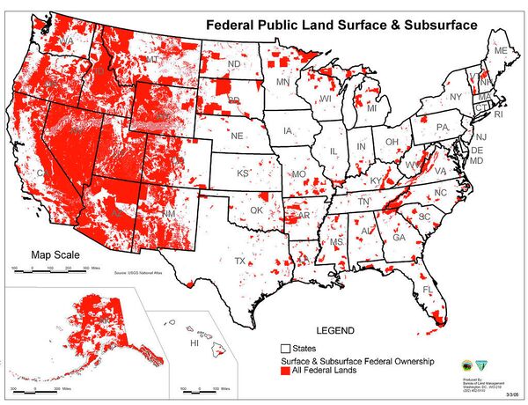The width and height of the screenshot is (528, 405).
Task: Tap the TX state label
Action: click(x=239, y=261)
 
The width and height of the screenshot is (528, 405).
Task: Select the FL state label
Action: click(x=427, y=290)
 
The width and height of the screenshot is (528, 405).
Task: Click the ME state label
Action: click(x=501, y=52)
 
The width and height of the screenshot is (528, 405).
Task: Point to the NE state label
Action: click(x=237, y=137)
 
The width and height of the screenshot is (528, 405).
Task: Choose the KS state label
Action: click(x=242, y=173)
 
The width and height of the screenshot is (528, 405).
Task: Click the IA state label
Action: click(x=288, y=131)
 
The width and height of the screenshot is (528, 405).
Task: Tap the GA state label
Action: click(x=399, y=238)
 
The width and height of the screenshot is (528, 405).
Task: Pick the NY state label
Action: click(x=455, y=97)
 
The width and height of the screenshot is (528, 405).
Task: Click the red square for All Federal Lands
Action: click(x=286, y=373)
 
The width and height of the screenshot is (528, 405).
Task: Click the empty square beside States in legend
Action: click(x=286, y=348)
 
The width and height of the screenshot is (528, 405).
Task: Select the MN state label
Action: click(x=283, y=82)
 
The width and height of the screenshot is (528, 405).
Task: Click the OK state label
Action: click(x=257, y=210)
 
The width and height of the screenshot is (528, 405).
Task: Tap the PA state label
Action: click(x=443, y=128)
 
